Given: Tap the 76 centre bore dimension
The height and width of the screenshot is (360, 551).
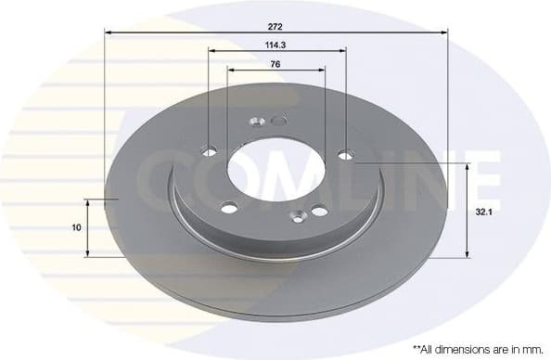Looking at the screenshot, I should (x=275, y=64).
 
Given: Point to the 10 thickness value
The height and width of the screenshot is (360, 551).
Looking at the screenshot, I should (x=76, y=227).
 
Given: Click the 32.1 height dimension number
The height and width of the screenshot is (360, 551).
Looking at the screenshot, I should (x=482, y=212).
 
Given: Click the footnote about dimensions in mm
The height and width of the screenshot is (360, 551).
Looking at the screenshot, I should (x=478, y=349).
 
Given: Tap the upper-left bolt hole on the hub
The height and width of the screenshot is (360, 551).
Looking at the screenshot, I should (x=210, y=151).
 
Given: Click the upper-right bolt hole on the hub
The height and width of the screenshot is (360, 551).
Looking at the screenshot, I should (x=345, y=155).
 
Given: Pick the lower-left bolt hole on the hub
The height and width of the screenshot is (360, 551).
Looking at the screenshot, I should (x=226, y=208).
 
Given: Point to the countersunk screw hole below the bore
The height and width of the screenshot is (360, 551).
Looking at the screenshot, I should (x=296, y=217).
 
